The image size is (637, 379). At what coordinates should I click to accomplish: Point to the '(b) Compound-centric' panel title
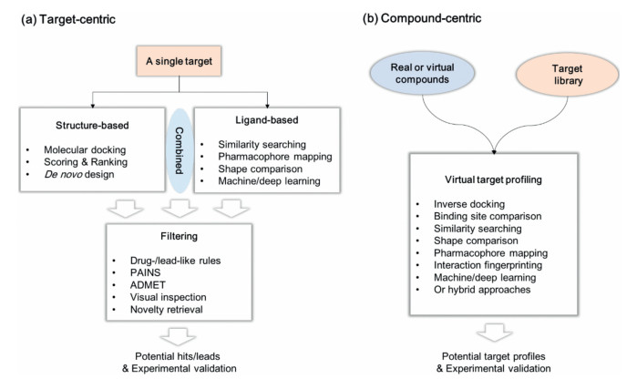coord(424,15)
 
